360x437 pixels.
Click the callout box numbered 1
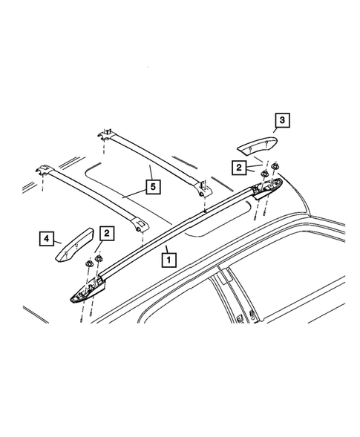[168, 260]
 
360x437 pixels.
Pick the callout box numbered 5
[151, 187]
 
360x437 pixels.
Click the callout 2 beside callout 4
[108, 234]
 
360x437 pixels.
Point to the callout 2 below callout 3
[240, 168]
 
